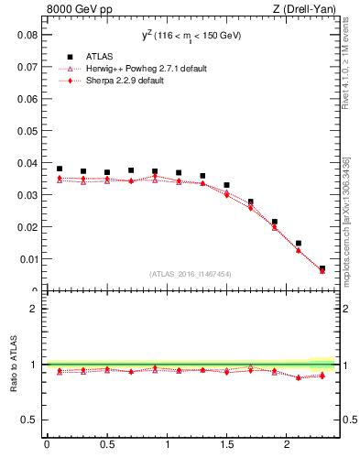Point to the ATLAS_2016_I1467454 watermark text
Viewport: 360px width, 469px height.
[x=190, y=274]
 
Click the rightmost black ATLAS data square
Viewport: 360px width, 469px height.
[x=322, y=268]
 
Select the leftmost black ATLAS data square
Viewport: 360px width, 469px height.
[x=60, y=169]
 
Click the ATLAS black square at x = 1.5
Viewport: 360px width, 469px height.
[x=226, y=185]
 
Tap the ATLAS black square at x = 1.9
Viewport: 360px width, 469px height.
[x=274, y=222]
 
